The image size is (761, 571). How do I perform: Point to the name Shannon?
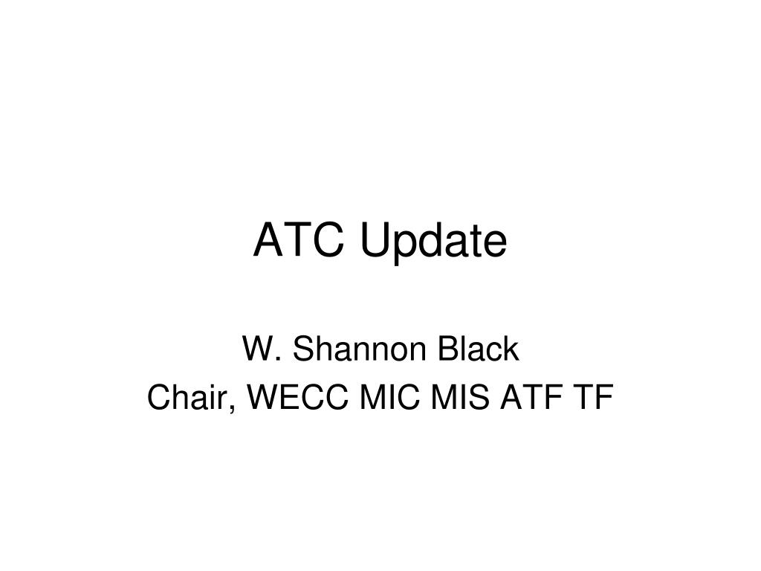click(x=351, y=350)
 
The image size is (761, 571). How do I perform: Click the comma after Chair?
click(x=236, y=408)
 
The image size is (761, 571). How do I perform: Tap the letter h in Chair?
click(x=181, y=399)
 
